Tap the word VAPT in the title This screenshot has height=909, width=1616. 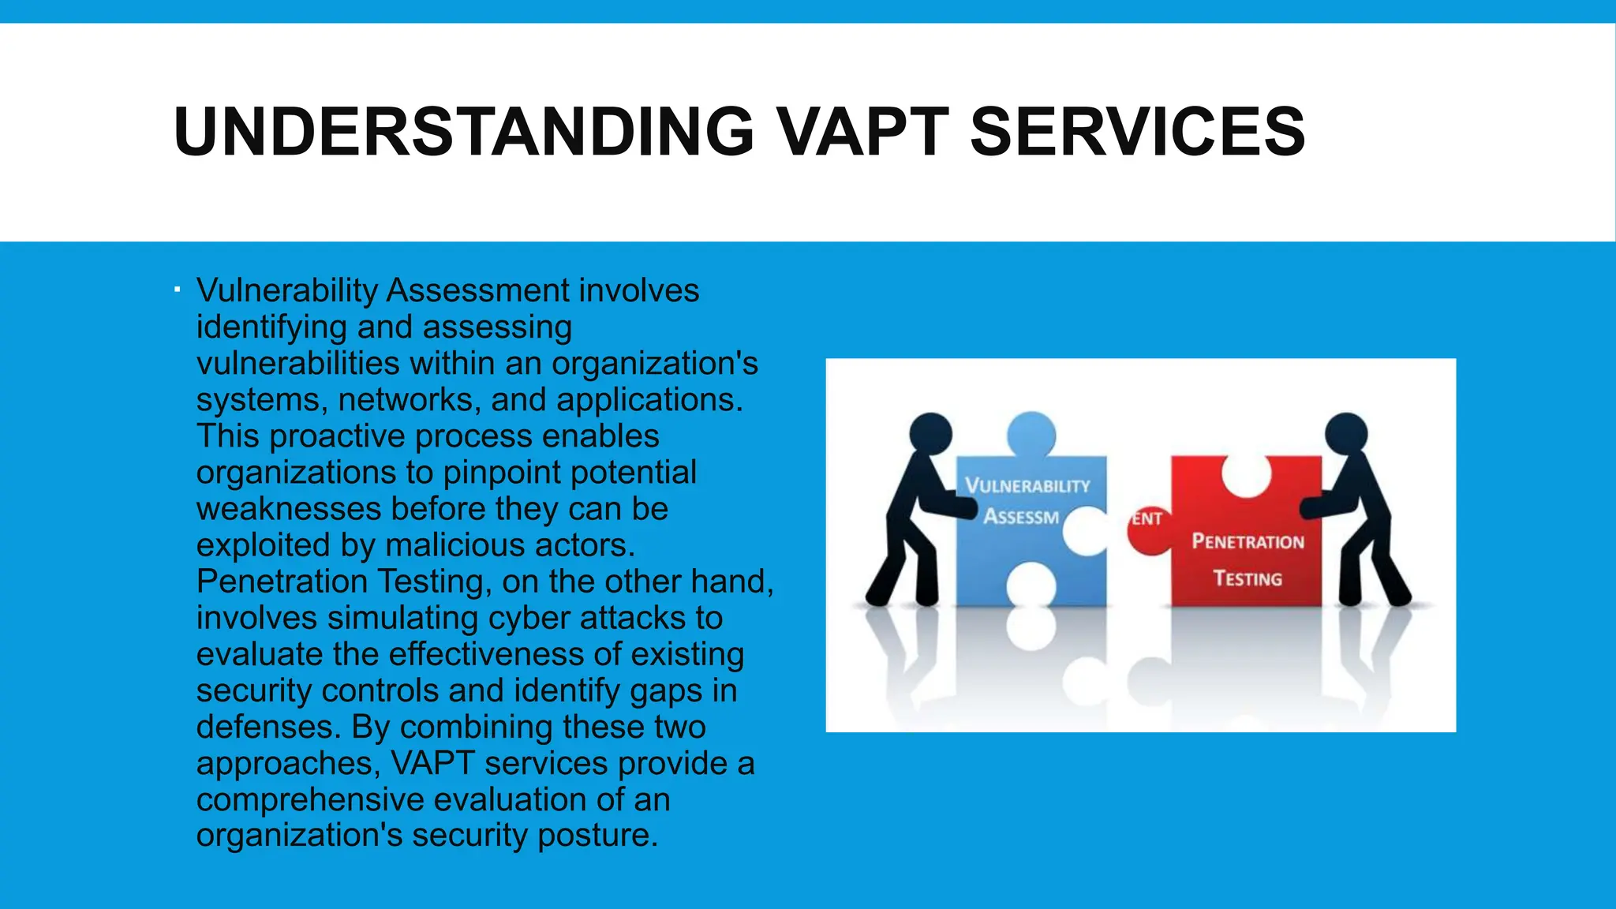862,132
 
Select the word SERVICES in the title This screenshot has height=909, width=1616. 1137,132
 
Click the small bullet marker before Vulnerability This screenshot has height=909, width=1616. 178,290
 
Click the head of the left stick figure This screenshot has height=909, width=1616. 930,433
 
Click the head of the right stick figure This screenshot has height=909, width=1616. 1346,433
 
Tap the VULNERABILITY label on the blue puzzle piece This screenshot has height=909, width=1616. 1027,485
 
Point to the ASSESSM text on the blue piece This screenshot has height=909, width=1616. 1021,517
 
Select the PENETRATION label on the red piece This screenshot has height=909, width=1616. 1248,541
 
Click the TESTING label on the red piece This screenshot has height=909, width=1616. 1248,578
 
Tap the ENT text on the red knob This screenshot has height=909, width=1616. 1147,519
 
